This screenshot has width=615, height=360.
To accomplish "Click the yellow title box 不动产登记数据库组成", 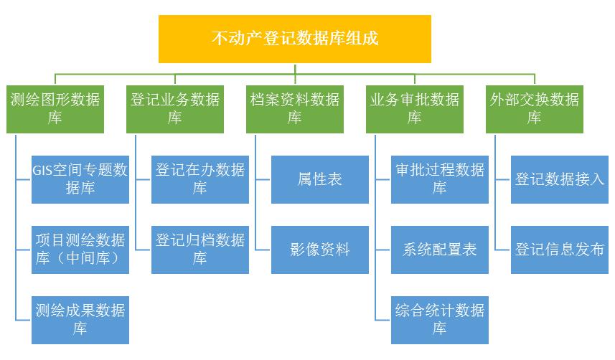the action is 294,39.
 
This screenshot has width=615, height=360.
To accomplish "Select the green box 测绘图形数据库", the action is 55,109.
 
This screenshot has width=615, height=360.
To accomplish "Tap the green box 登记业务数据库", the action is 175,109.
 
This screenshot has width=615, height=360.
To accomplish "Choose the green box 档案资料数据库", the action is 294,109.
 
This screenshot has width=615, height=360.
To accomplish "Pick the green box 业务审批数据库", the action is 415,109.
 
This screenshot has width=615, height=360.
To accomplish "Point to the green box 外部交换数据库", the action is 534,109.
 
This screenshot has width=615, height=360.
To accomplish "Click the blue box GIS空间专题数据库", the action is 80,179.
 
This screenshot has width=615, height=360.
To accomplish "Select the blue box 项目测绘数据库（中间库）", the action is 80,250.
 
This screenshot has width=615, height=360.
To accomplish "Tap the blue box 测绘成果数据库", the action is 80,320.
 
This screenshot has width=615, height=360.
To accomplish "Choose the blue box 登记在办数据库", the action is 200,179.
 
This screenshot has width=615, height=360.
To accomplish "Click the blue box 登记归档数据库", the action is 200,250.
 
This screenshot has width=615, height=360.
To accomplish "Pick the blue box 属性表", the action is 319,179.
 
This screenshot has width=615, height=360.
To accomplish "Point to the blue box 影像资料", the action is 319,250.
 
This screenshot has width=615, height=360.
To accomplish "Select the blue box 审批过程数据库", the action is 440,179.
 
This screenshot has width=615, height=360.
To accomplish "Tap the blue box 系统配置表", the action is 440,250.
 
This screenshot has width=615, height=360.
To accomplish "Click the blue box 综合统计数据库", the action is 440,320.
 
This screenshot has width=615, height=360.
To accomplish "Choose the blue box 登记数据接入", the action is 559,179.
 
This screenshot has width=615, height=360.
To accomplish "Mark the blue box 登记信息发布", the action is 559,250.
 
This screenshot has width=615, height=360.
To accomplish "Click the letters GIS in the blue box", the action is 42,170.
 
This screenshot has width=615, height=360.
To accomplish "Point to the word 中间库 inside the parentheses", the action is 88,258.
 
